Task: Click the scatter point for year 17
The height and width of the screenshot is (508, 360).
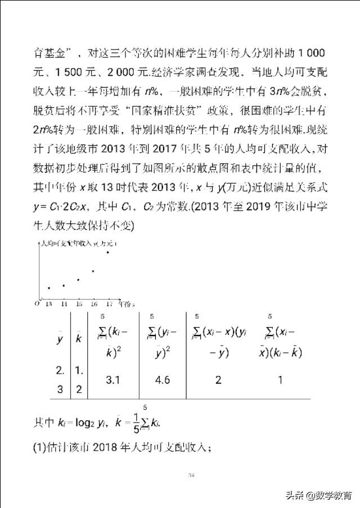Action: tap(107, 251)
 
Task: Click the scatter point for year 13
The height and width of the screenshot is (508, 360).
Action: tap(49, 288)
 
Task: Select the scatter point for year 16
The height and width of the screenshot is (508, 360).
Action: tap(93, 271)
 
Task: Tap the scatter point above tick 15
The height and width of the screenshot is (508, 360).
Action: tap(78, 279)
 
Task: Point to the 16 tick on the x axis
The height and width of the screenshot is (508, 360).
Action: tap(93, 304)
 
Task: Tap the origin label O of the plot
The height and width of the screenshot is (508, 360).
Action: tap(37, 303)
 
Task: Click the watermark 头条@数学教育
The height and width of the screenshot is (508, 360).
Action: tap(318, 495)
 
